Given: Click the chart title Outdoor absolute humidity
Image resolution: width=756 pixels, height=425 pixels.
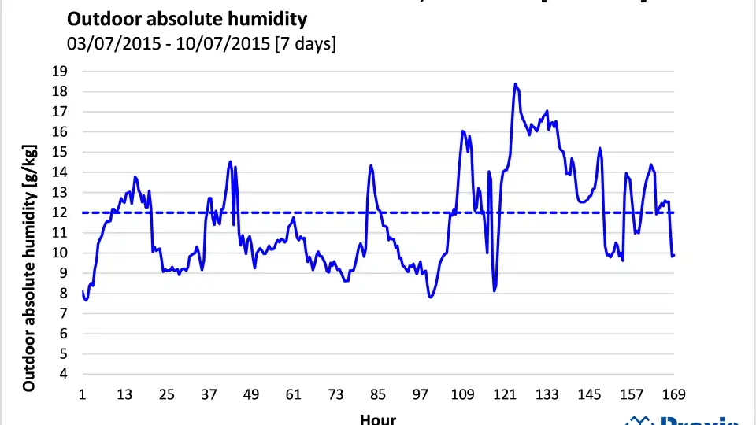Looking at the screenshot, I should [187, 19].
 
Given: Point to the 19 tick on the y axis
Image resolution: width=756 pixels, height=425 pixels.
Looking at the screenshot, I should [60, 72].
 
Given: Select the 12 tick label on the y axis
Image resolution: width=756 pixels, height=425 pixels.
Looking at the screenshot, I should [60, 213].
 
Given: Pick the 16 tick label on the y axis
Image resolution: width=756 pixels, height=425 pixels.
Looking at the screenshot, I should [60, 132].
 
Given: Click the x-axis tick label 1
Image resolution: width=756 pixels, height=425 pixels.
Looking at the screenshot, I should [83, 394].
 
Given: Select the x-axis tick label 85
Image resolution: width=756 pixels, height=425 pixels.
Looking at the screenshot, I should [378, 394].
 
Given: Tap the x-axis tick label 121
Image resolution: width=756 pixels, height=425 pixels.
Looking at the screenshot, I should [505, 394].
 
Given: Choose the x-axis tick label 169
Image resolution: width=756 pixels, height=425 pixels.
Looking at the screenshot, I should [674, 394].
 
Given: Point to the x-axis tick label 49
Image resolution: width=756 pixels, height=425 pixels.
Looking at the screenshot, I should [251, 394].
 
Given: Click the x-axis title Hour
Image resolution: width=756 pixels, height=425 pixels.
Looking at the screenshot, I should [378, 419].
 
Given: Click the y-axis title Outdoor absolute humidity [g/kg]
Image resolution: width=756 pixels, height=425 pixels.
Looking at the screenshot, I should [29, 268].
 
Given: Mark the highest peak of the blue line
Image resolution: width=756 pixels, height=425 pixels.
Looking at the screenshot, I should [515, 83].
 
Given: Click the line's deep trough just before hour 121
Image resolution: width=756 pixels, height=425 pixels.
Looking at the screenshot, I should [495, 290].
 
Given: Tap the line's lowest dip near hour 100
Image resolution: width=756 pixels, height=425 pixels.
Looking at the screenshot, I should [430, 297].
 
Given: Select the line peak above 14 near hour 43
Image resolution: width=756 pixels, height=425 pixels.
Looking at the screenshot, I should [230, 161].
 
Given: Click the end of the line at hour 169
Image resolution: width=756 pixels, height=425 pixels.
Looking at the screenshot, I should [674, 255].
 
